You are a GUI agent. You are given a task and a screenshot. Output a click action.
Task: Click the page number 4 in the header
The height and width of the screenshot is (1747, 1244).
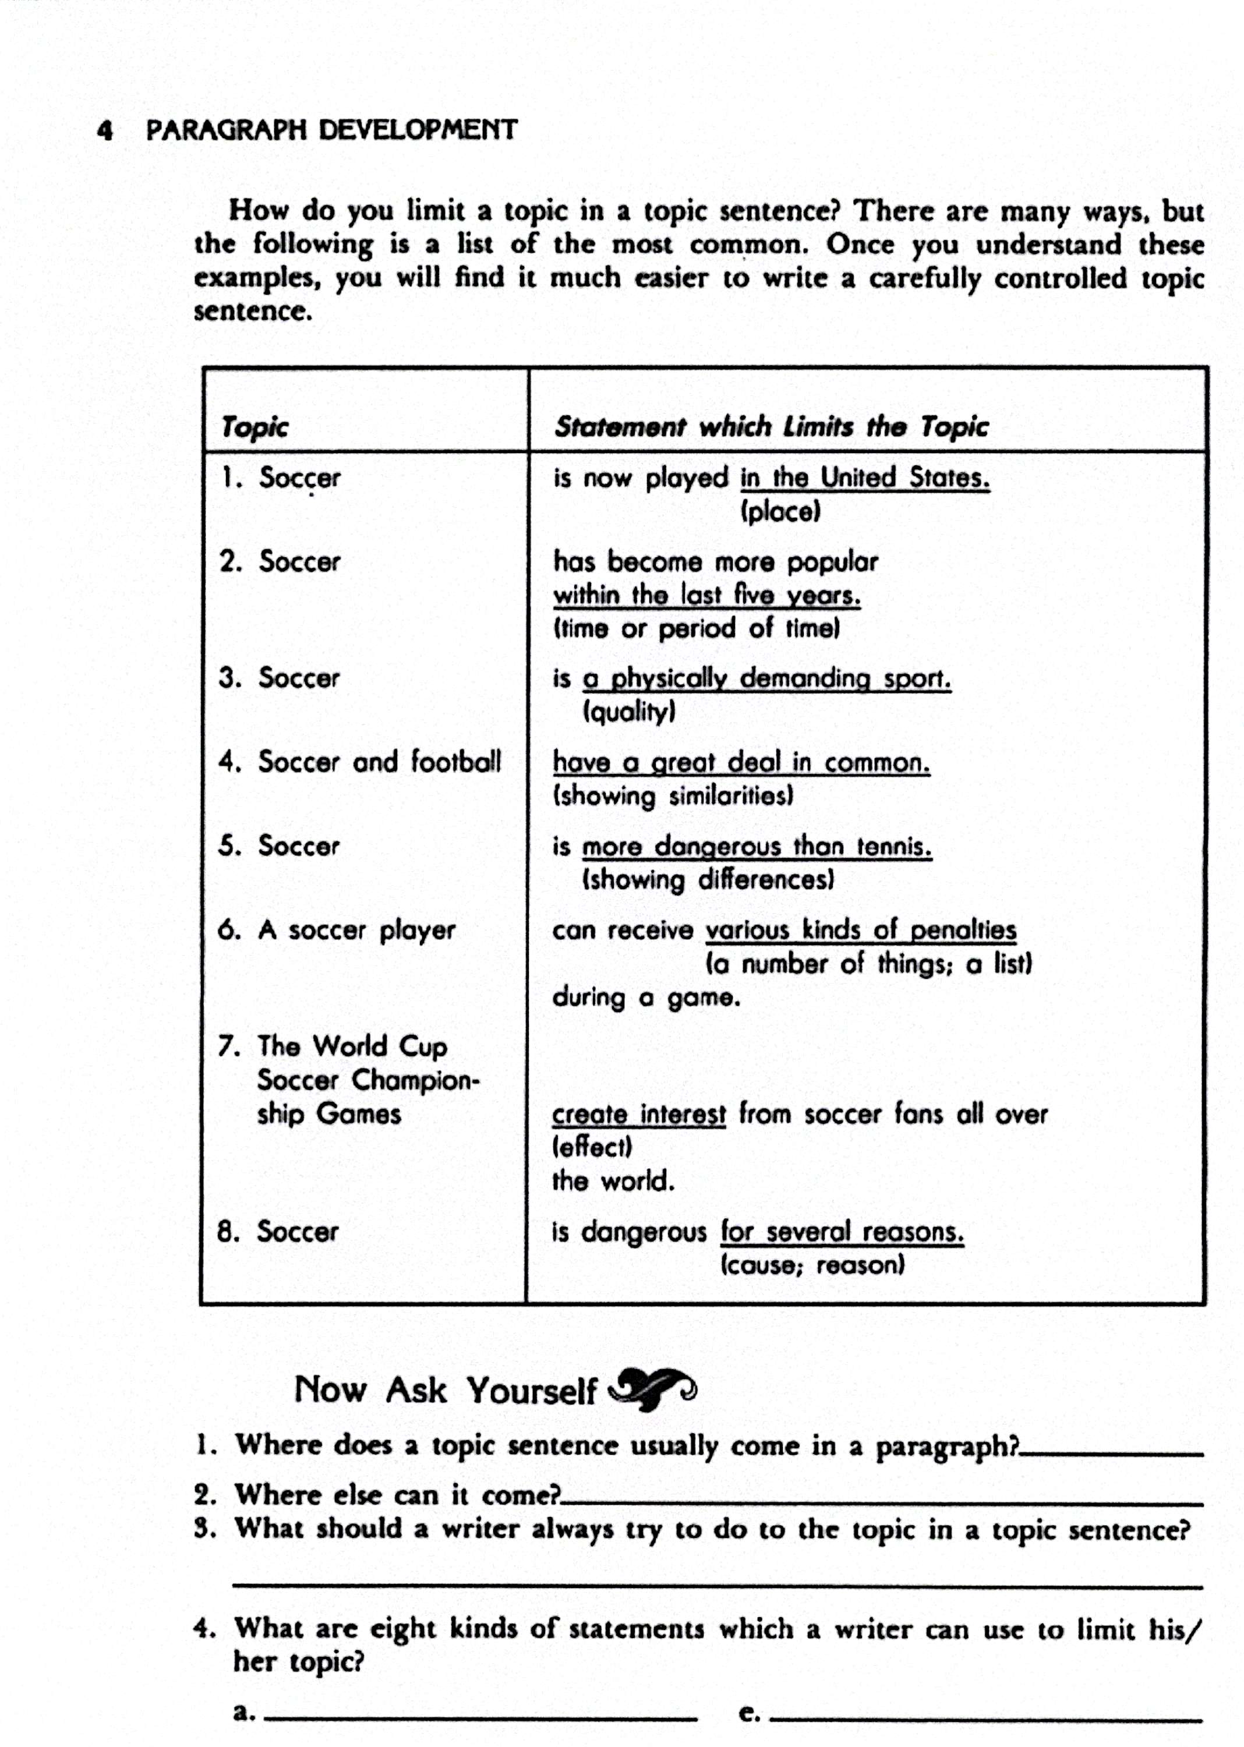[x=105, y=130]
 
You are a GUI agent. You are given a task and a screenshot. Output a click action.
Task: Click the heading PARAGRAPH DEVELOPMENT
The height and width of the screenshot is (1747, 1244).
[x=332, y=129]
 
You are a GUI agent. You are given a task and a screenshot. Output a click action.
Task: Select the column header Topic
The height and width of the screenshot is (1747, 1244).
[x=255, y=427]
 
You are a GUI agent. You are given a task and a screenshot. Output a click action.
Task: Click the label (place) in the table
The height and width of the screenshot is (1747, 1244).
[x=780, y=511]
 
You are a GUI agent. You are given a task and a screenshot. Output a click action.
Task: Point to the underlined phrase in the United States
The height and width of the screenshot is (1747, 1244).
[x=864, y=478]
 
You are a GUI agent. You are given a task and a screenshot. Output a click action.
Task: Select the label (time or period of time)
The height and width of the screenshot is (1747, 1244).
[x=697, y=629]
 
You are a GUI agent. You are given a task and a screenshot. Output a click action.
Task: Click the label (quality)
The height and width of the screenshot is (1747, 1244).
[x=629, y=712]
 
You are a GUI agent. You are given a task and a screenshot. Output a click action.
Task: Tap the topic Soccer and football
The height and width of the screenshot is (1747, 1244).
[x=379, y=762]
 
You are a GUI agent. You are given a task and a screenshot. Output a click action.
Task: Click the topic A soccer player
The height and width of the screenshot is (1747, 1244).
[x=356, y=931]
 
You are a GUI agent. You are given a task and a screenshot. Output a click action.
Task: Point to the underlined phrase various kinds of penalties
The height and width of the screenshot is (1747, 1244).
[x=860, y=930]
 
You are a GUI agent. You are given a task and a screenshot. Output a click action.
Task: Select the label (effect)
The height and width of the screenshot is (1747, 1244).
[x=592, y=1147]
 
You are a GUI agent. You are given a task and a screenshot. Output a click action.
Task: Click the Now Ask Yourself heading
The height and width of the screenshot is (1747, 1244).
[x=446, y=1390]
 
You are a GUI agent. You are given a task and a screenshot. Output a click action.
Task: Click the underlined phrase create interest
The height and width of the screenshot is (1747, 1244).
[x=638, y=1115]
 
